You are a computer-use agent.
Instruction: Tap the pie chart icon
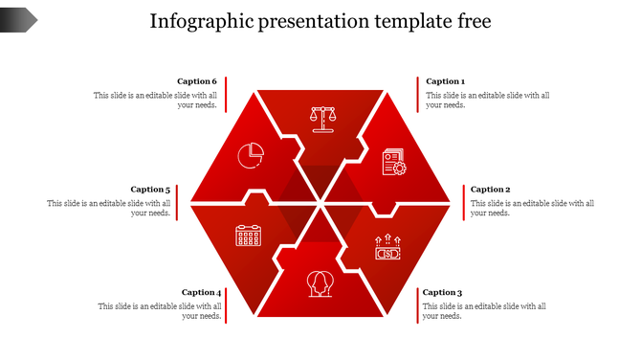[251, 153]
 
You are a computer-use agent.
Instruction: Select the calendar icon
[249, 236]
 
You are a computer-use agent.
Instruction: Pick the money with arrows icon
[387, 248]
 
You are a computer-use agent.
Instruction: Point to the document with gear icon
[393, 163]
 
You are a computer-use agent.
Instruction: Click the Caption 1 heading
[445, 81]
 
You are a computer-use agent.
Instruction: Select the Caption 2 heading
[490, 190]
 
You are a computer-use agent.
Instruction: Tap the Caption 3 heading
[442, 292]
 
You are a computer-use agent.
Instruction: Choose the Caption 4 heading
[201, 292]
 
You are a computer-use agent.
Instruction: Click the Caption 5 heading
[150, 190]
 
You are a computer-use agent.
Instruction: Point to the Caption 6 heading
[197, 81]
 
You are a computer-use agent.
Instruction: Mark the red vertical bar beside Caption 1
[418, 94]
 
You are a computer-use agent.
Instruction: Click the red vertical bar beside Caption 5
[178, 202]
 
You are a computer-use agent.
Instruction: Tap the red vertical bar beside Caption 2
[463, 202]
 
